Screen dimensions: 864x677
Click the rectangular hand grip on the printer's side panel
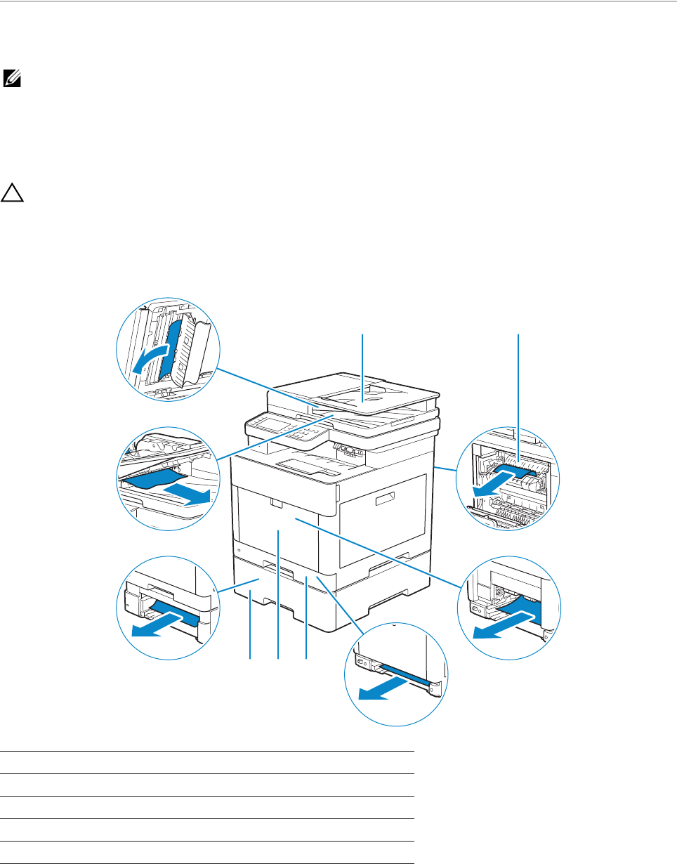[388, 499]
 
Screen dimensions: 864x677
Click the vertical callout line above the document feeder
[362, 365]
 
